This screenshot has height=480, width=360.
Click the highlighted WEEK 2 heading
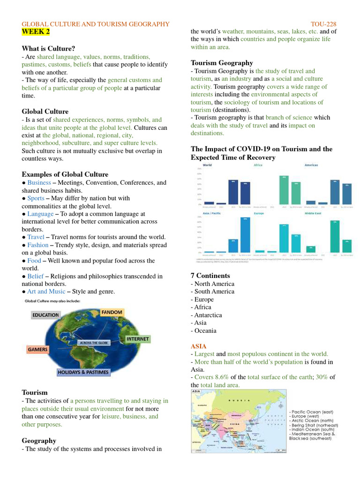tap(36, 32)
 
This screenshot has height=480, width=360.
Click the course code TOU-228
tap(323, 24)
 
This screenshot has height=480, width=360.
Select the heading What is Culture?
tap(48, 48)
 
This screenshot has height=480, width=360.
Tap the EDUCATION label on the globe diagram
tap(45, 315)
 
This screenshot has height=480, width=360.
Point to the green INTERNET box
tap(137, 338)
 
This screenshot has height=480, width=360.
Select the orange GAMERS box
tap(37, 349)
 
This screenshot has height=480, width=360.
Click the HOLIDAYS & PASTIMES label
tap(83, 372)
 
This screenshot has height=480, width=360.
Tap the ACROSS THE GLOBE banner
tap(94, 343)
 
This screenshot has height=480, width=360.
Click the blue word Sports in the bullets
tap(36, 198)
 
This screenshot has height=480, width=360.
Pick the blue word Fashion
tap(37, 245)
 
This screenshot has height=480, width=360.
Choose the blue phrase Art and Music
tap(46, 291)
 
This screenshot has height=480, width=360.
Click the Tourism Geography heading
tap(222, 63)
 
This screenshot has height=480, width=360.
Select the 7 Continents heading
tap(210, 276)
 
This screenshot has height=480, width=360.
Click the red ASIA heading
tap(198, 346)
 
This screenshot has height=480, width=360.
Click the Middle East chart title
tap(313, 213)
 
